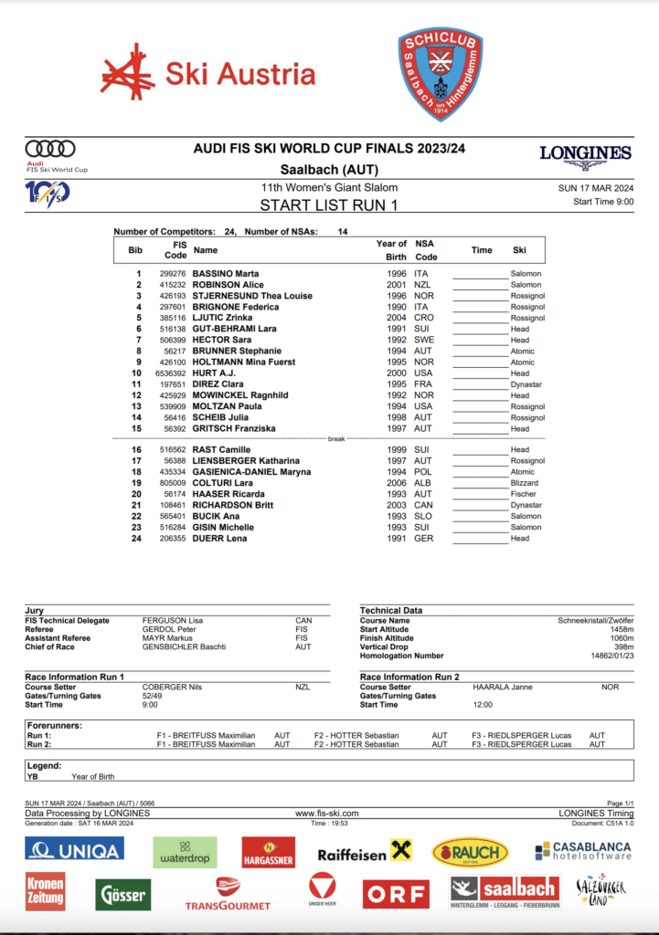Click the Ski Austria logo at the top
coord(207,73)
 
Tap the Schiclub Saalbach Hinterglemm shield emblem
coord(441,73)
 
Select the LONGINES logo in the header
coord(585,155)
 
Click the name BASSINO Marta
coord(225,274)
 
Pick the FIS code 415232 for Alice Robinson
coord(173,285)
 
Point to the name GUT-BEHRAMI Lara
coord(233,329)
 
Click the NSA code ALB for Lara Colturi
coord(421,483)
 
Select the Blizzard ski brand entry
coord(525,483)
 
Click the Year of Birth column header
coord(391,250)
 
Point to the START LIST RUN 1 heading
coord(329,205)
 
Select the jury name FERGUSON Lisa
coord(173,621)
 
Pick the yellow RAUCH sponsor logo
coord(470,854)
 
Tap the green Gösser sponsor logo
coord(123,894)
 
